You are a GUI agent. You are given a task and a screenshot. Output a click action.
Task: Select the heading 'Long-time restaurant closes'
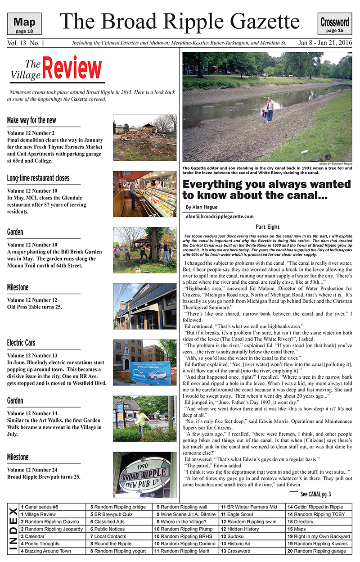38,178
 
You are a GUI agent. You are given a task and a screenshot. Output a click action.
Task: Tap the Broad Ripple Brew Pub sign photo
144,475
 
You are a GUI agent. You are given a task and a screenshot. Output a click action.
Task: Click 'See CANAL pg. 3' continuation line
315,494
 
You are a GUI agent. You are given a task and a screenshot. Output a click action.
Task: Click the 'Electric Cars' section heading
21,343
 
